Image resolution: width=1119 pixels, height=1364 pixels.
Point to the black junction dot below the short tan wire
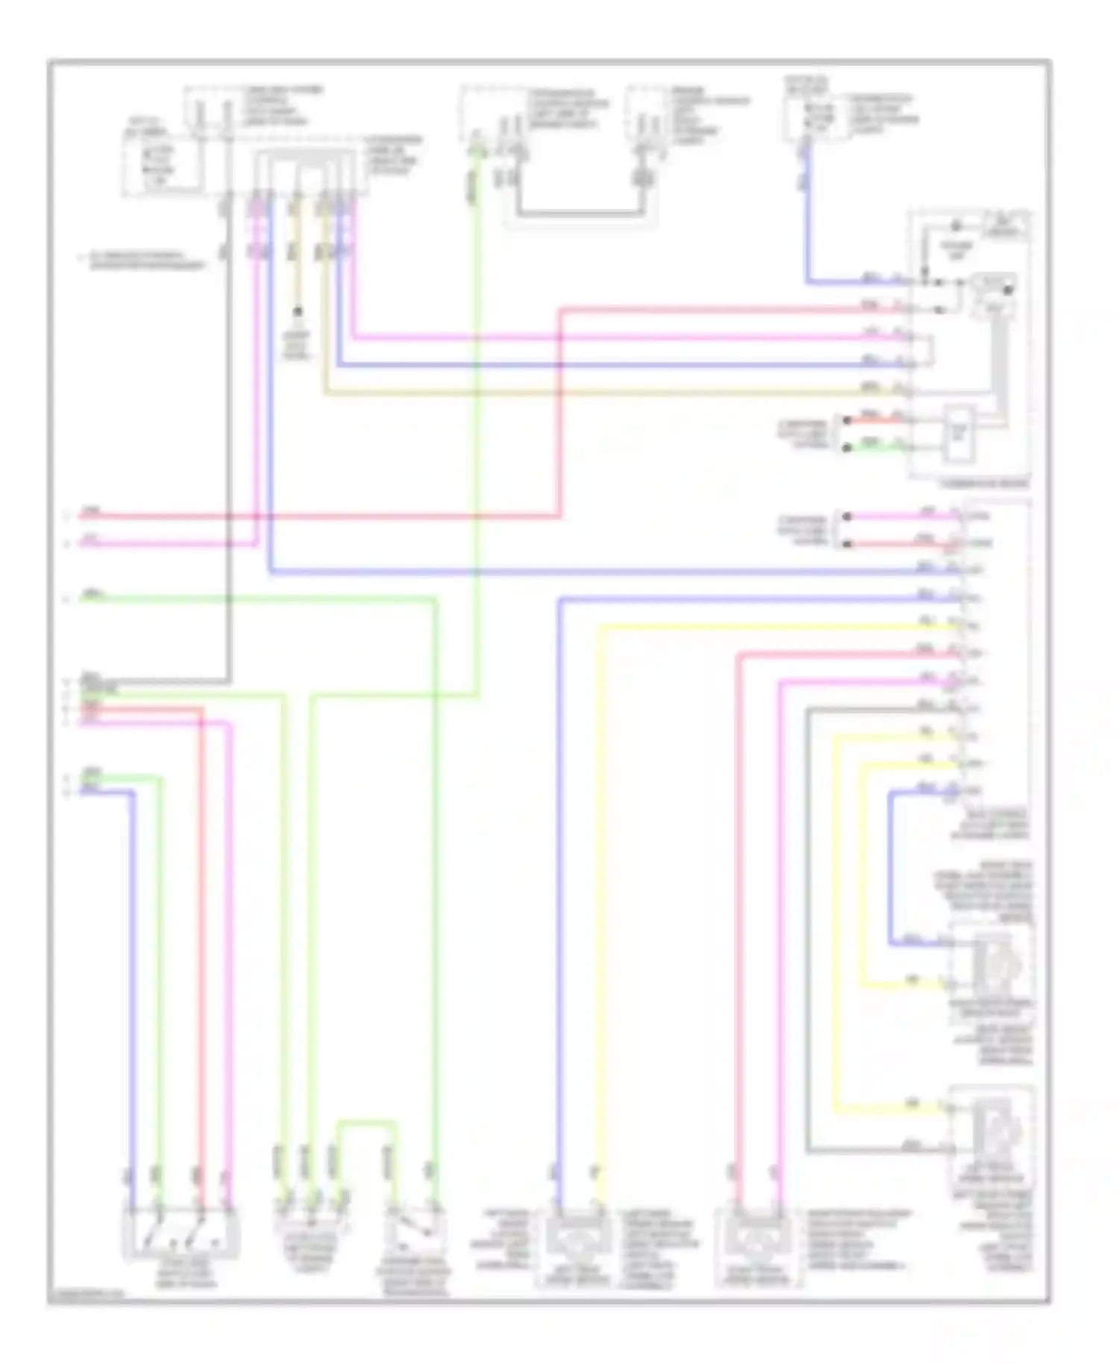297,311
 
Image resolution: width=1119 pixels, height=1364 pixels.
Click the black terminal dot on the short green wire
847,448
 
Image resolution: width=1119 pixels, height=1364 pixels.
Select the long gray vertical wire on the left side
228,448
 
